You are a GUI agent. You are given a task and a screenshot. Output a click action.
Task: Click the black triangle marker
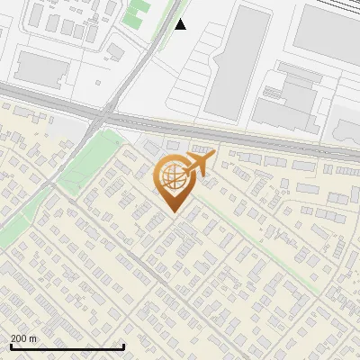click(180, 24)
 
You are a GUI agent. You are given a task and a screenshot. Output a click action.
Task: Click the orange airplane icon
click(199, 165)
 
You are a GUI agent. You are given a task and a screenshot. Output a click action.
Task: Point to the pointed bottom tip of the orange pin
click(173, 211)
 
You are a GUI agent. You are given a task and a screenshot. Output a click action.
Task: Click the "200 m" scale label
click(23, 338)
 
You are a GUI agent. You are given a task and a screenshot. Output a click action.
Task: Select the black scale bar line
click(67, 347)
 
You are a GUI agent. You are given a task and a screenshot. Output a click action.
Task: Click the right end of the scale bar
click(123, 346)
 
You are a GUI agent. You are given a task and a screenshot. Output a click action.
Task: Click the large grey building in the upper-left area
click(43, 68)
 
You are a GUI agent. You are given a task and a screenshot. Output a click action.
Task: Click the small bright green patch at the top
click(138, 12)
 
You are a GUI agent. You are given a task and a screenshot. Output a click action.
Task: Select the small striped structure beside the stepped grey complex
click(270, 91)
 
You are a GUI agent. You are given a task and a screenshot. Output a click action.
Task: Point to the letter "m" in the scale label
click(32, 338)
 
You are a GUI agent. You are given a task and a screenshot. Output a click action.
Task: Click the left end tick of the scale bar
click(11, 346)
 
